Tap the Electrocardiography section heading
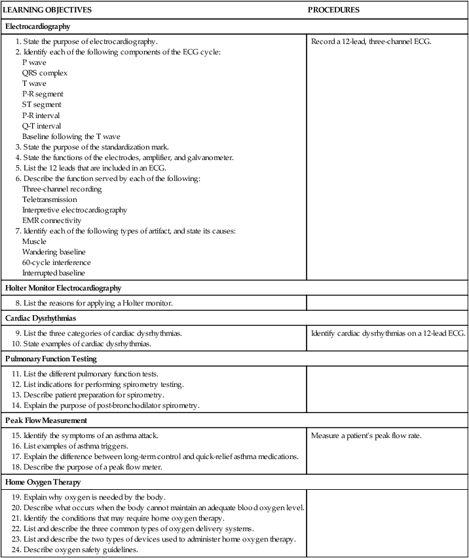37,27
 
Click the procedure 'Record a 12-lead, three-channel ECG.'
371,42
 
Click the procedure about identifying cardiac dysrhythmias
388,333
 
